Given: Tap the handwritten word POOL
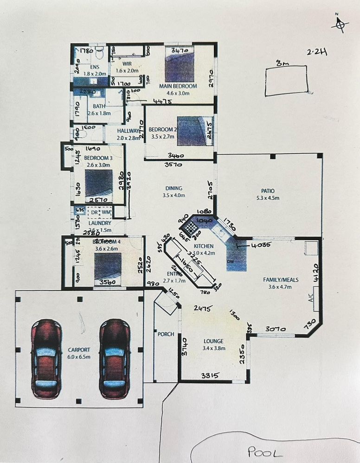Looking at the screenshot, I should coord(264,451).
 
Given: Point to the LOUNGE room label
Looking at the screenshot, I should coord(213,341).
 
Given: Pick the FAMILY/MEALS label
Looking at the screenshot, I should coord(280,280).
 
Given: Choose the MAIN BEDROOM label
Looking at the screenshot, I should coord(178,86).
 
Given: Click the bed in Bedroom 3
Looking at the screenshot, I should coord(99,183).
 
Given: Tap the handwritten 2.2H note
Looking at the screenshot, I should coord(317,52).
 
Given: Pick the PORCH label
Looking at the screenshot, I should coord(166,334).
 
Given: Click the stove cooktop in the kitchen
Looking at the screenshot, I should coord(190,227).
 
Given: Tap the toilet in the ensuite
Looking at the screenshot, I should coord(98,54).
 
